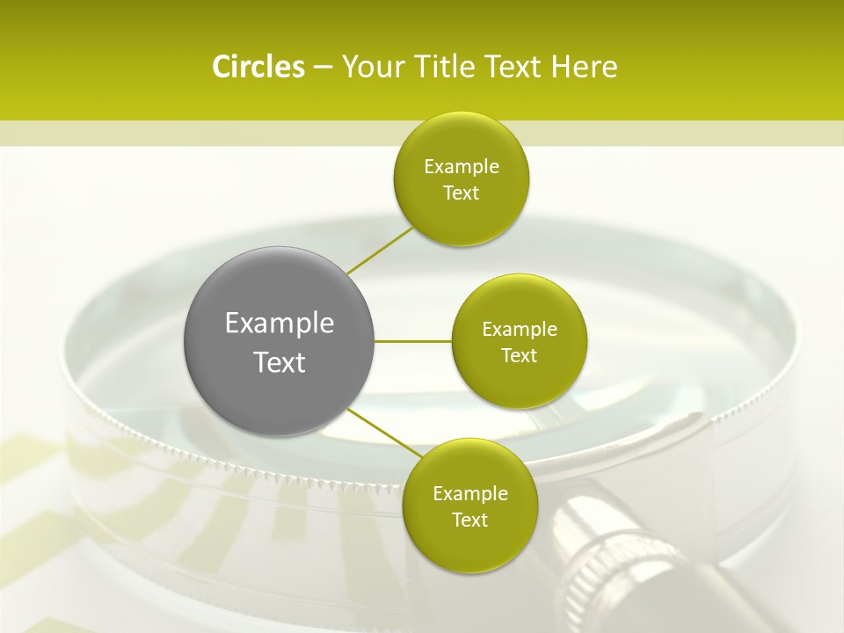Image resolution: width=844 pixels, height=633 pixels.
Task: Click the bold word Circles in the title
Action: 258,67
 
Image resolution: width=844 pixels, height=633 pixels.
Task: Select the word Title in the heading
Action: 440,67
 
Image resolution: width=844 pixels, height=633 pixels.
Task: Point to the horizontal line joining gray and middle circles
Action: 413,340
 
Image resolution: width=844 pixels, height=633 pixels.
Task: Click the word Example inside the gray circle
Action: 280,324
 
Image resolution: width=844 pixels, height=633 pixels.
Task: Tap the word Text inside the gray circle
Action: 280,362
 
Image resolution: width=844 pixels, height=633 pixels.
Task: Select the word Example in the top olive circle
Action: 462,167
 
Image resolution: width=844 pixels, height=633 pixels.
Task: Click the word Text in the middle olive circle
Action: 520,356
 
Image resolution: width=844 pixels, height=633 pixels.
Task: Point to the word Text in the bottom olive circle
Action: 469,520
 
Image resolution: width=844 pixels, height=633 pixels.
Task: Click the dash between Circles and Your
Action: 323,68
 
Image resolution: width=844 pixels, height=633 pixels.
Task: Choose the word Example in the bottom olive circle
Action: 469,494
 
